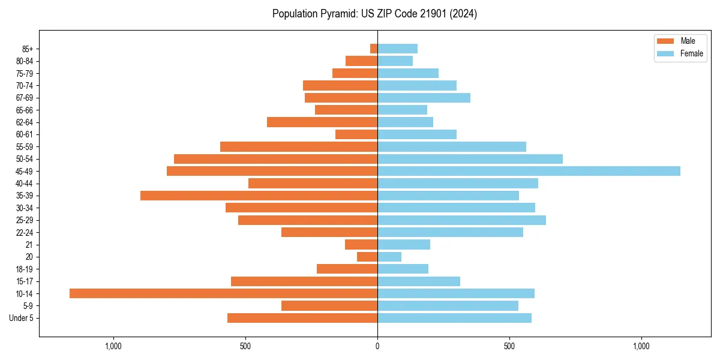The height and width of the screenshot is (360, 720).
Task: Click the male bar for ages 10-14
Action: tap(223, 293)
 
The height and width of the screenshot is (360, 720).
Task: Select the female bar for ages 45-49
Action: tap(529, 171)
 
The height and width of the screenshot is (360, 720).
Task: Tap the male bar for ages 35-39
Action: tap(259, 196)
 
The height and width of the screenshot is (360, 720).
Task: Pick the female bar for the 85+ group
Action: tap(397, 49)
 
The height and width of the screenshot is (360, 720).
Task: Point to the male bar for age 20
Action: tap(367, 257)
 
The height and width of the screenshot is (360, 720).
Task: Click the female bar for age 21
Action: tap(404, 244)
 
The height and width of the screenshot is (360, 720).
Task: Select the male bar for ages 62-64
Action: tap(322, 122)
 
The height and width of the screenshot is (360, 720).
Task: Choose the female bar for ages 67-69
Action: tap(424, 98)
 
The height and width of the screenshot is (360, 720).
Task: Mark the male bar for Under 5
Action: tap(302, 318)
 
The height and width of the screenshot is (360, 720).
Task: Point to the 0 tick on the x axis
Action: tap(377, 346)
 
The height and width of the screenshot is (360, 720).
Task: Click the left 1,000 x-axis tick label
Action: tap(113, 346)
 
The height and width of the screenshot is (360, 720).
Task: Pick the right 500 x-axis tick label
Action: tap(509, 346)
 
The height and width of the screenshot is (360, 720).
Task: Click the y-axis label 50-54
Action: tap(25, 159)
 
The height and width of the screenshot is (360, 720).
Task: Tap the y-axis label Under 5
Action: tap(22, 318)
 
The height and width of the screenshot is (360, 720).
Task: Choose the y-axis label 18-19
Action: tap(25, 269)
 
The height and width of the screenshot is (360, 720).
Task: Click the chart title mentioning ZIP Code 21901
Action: tap(374, 14)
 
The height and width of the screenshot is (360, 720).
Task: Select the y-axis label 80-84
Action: tap(25, 61)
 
